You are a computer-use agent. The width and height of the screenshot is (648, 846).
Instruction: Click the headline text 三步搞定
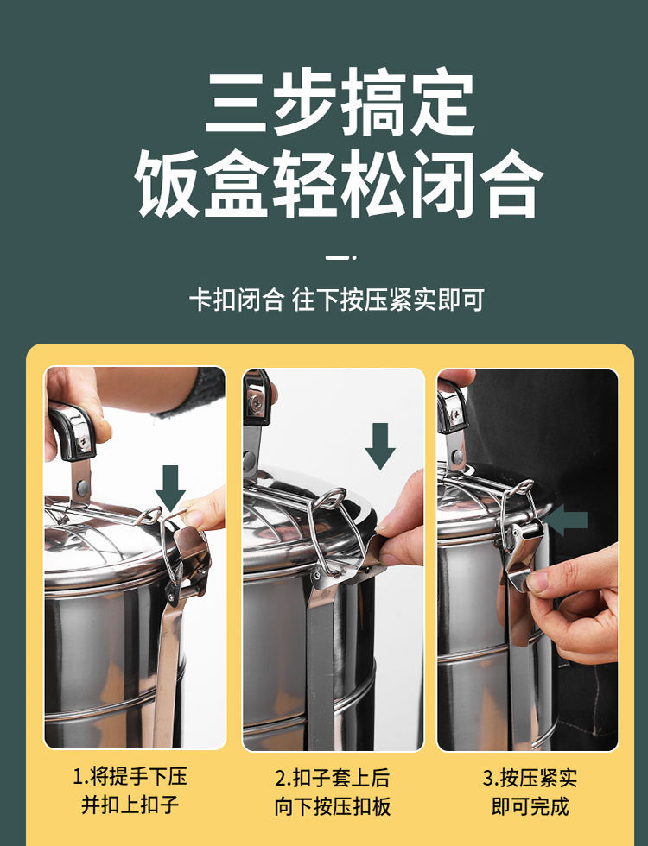pos(340,104)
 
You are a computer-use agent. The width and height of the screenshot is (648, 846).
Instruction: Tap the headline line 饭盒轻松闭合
pos(340,183)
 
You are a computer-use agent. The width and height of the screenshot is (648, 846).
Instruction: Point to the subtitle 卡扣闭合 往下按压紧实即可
pos(337,300)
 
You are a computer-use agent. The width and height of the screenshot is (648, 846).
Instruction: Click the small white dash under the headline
pos(339,256)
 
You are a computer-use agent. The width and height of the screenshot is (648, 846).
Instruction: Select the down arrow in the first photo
pos(170,487)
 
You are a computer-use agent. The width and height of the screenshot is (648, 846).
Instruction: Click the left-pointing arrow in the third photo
pos(567,520)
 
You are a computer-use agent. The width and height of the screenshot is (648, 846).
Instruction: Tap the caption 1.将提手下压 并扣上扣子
pos(130,791)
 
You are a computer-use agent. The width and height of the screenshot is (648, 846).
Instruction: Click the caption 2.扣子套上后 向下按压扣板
pos(333,791)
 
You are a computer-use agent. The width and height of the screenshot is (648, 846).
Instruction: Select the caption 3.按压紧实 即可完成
pos(530,791)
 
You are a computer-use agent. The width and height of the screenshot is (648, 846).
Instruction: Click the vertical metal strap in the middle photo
pos(321,656)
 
